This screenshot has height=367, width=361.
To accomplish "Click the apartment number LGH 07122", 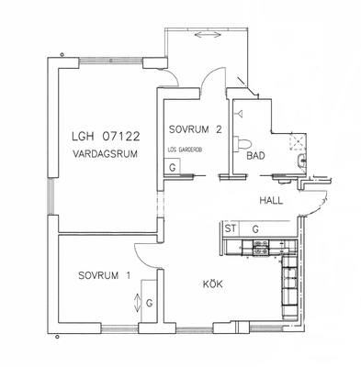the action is (x=106, y=136).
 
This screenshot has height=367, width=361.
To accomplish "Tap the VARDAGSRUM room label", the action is (x=105, y=153).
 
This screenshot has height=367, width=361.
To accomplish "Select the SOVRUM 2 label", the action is (x=195, y=129).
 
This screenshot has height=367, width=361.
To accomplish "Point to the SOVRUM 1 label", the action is (x=105, y=275).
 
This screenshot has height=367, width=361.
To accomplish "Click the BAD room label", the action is (x=255, y=156).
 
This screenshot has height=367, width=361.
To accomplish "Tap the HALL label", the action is (x=271, y=201).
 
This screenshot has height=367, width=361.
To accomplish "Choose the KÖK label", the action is (x=213, y=284).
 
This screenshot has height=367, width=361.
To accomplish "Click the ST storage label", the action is (x=231, y=228).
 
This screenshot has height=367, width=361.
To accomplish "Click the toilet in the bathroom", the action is (x=243, y=143).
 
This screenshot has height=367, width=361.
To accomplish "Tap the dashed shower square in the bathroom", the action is (x=298, y=141).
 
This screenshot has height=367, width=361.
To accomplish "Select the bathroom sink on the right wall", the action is (x=302, y=161).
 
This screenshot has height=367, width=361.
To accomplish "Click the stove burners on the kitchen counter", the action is (x=261, y=248).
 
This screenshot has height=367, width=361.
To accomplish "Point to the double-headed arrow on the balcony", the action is (x=208, y=35).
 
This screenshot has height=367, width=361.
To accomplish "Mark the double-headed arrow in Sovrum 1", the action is (x=137, y=303).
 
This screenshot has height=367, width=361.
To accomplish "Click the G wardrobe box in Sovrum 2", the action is (x=172, y=167).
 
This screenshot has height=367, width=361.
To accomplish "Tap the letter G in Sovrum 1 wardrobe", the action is (x=150, y=304).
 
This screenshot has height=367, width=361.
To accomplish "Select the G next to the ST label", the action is (x=255, y=228).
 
